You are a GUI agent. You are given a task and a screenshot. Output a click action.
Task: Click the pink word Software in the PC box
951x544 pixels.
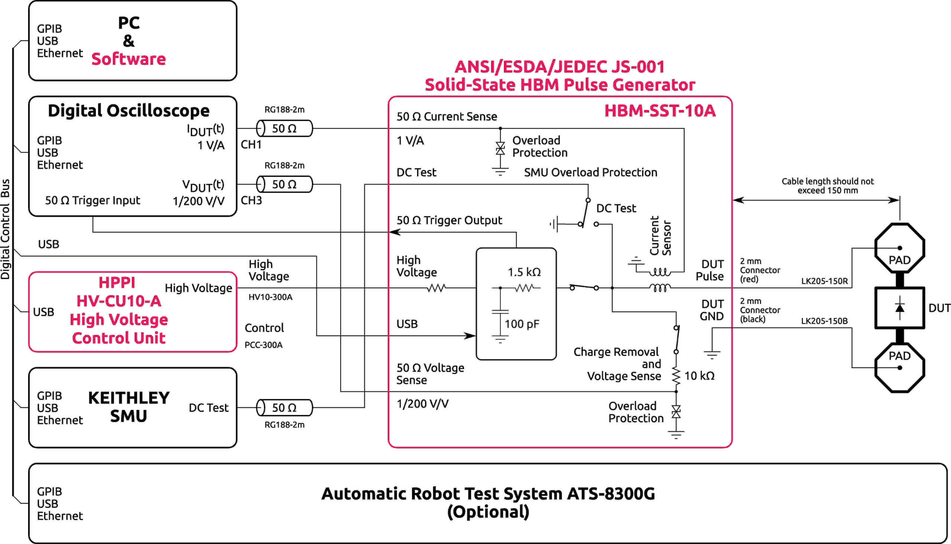pos(128,59)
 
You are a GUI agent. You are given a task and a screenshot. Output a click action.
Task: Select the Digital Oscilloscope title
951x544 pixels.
pos(129,111)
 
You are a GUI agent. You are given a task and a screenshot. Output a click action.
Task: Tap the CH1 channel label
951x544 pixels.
pos(251,145)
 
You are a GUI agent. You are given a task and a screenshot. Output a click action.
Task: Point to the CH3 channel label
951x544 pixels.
pos(251,200)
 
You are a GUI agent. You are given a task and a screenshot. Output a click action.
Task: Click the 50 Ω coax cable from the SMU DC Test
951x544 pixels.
pos(284,407)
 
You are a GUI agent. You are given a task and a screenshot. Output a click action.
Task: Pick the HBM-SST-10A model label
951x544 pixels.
pos(660,111)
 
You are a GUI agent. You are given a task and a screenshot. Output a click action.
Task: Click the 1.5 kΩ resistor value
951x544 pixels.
pos(524,272)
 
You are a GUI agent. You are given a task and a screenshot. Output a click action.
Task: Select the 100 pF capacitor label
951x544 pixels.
pos(522,324)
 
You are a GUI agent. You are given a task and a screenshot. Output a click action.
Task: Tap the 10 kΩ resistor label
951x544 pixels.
pos(699,376)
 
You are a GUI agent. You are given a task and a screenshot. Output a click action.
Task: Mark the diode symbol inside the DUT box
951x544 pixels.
pos(899,308)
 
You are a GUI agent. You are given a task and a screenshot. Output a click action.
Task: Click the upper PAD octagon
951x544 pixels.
pos(899,249)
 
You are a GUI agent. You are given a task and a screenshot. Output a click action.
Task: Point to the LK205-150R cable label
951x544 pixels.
pos(824,281)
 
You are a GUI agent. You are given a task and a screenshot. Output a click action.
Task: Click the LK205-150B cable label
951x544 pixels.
pos(824,321)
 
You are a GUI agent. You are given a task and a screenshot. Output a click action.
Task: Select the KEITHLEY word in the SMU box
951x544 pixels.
pos(129,398)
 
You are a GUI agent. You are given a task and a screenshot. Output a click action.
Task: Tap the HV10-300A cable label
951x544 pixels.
pos(270,297)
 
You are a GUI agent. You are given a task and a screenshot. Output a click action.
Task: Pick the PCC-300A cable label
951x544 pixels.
pos(263,345)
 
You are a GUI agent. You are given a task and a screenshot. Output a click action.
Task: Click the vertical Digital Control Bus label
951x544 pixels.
pos(5,229)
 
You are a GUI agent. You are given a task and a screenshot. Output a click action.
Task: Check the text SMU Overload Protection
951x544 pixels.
pos(590,172)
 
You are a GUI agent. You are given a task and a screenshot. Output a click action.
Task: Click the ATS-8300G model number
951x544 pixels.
pos(611,494)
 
